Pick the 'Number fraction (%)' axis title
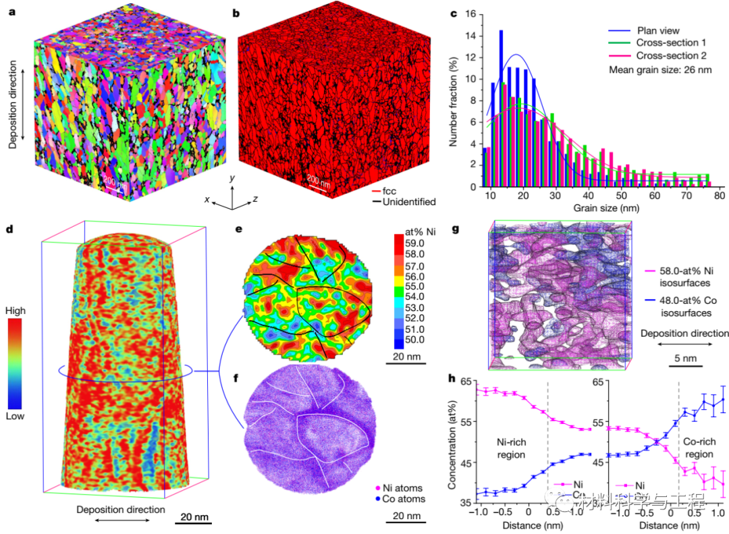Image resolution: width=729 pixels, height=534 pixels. pos(454,99)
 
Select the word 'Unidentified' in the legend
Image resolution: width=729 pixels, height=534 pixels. pos(409,201)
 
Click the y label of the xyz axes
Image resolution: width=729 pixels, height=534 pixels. pos(231,178)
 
